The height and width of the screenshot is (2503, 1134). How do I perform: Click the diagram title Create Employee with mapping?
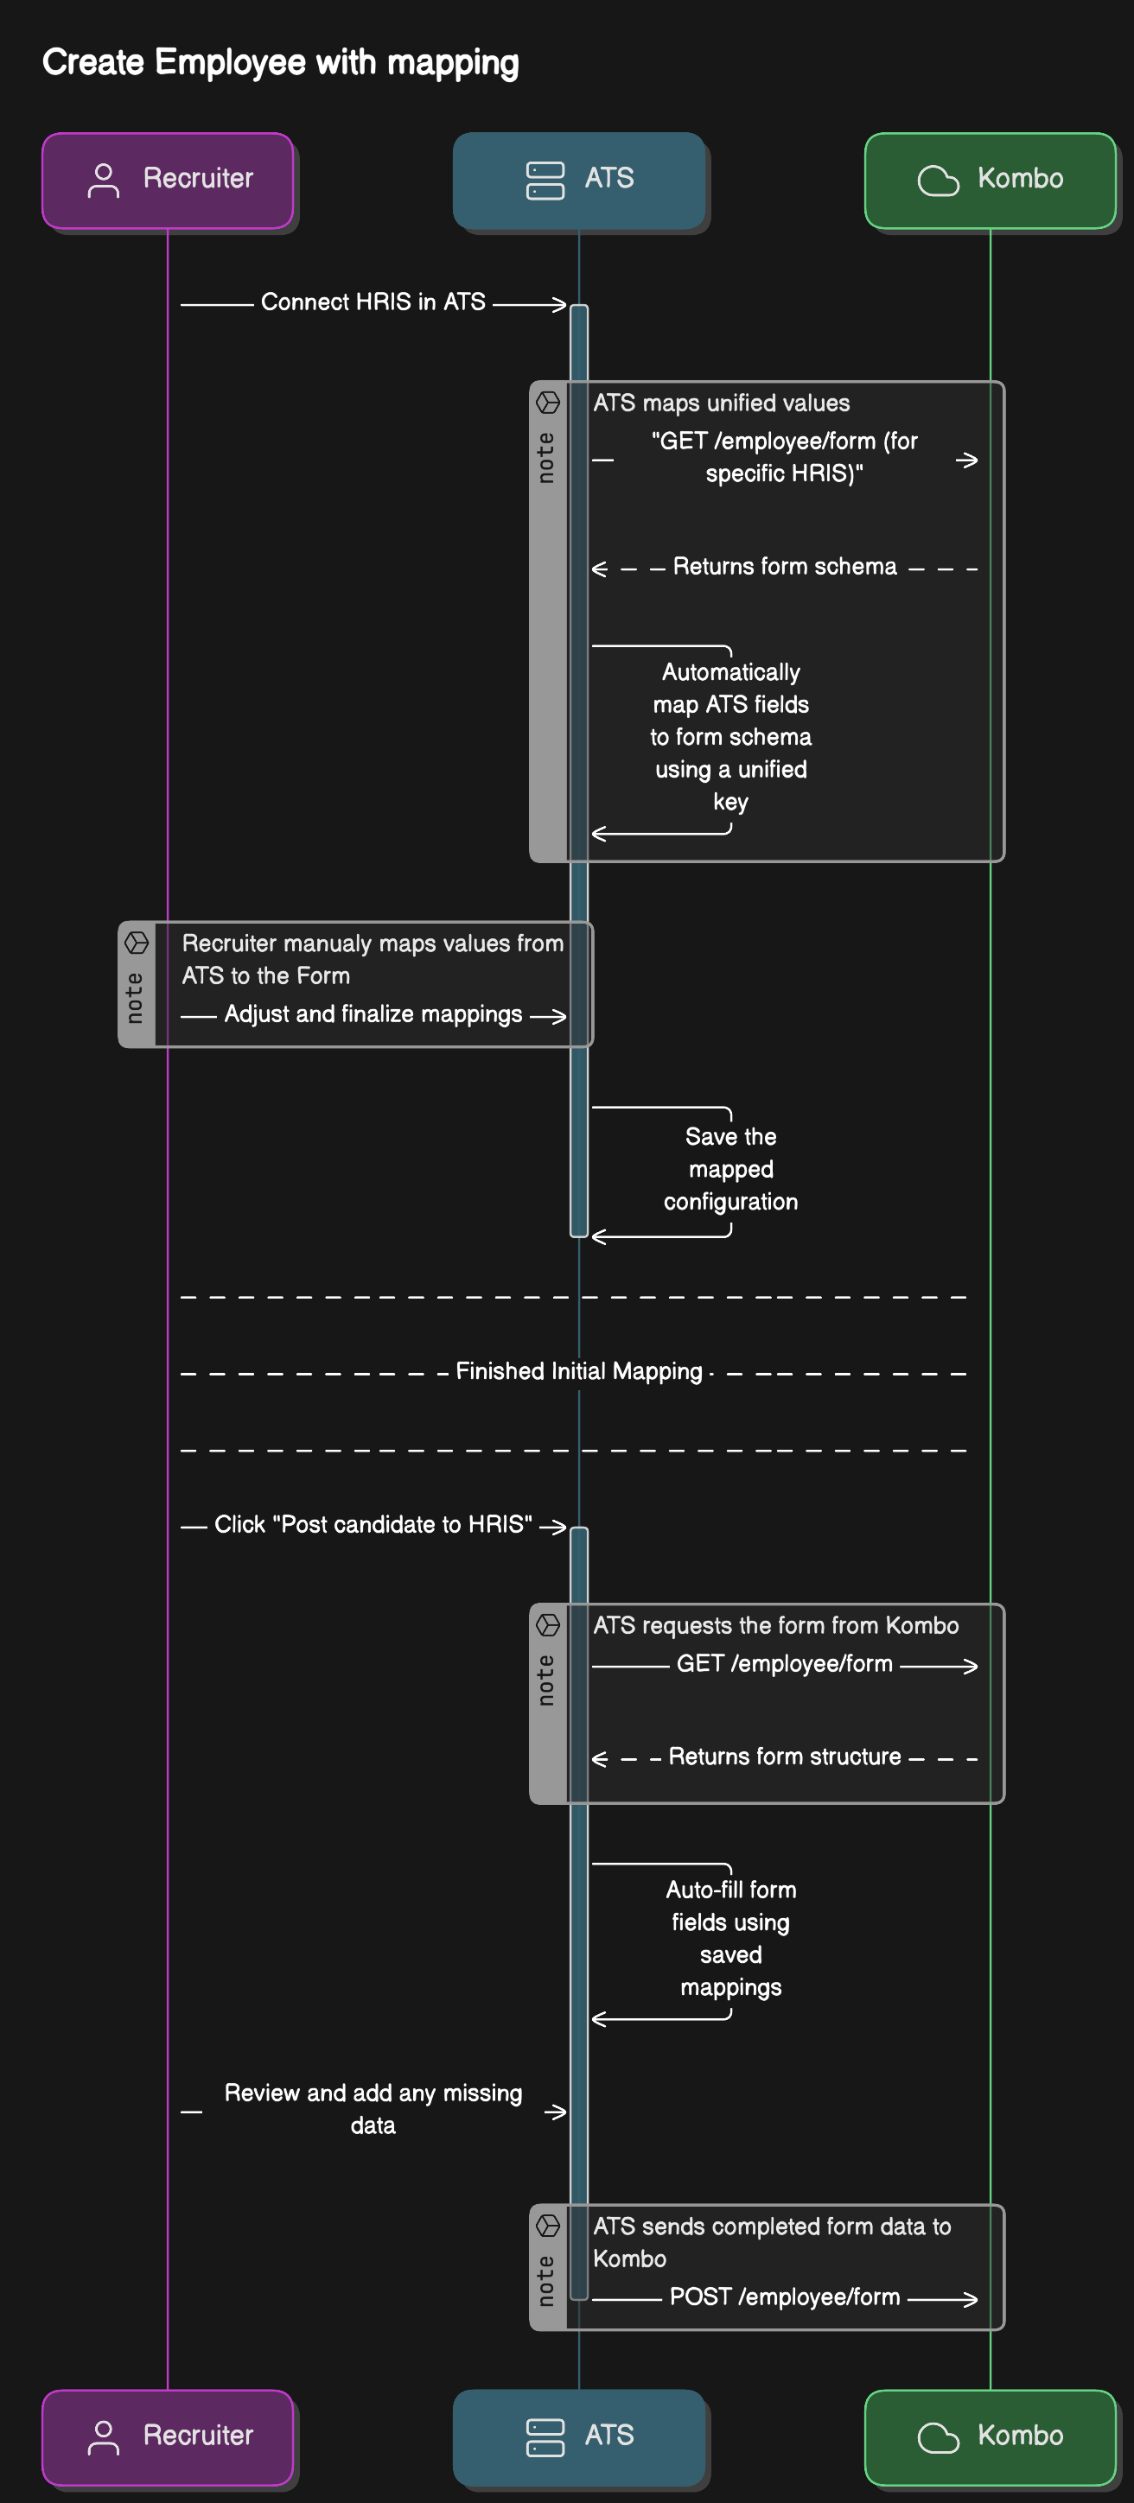coord(280,62)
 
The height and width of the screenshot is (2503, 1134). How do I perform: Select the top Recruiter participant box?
coord(167,180)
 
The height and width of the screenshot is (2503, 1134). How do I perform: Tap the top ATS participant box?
coord(579,180)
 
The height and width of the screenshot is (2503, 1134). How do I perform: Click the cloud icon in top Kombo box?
coord(938,180)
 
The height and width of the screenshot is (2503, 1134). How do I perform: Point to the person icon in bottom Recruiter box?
coord(103,2437)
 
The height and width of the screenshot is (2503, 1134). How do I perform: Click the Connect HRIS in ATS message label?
coord(373,302)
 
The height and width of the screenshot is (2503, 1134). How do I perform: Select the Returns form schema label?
coord(784,567)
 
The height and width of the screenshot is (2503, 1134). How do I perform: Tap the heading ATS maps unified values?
coord(721,403)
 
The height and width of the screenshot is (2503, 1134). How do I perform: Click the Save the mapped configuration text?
coord(730,1169)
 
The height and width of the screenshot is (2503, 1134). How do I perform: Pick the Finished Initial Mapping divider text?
coord(578,1371)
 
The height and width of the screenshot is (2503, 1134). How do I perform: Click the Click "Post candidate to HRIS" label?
coord(373,1525)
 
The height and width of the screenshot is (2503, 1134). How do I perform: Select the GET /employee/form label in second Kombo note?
coord(784,1663)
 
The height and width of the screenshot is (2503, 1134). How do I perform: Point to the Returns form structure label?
coord(784,1757)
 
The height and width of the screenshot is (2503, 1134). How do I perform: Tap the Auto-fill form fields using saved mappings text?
coord(730,1939)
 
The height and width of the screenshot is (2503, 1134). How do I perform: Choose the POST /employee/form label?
coord(784,2297)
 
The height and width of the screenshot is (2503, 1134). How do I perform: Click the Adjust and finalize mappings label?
coord(373,1014)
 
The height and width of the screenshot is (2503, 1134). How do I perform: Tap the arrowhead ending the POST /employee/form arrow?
coord(971,2299)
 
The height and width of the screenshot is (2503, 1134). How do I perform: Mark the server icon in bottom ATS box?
coord(545,2437)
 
